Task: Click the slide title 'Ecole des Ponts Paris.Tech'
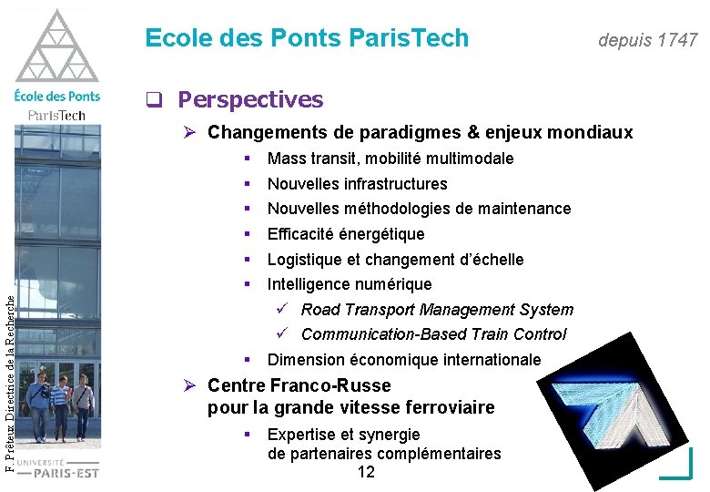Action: tap(307, 38)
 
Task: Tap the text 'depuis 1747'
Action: tap(647, 40)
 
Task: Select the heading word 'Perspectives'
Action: tap(250, 99)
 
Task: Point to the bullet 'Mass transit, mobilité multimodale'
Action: tap(390, 159)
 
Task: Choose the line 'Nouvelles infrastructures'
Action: tap(357, 184)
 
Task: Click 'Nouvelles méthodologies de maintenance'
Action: tap(419, 209)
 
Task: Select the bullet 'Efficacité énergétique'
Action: tap(346, 234)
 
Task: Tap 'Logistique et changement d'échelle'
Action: tap(395, 260)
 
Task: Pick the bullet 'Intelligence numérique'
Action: tap(350, 284)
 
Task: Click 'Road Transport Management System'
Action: tap(437, 310)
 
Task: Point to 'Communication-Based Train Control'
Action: tap(433, 334)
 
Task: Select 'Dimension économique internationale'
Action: tap(403, 360)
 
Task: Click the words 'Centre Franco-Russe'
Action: tap(299, 385)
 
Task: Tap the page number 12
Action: tap(366, 472)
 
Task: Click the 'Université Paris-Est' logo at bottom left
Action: tap(58, 467)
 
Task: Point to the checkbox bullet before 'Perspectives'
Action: tap(154, 99)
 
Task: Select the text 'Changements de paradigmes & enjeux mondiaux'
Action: tap(420, 133)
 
